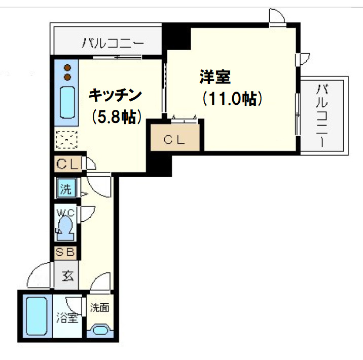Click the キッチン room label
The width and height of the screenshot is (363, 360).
click(x=115, y=95)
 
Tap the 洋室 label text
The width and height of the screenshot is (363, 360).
click(x=215, y=78)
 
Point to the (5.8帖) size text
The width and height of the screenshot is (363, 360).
click(x=115, y=117)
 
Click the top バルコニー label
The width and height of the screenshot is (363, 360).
click(x=113, y=43)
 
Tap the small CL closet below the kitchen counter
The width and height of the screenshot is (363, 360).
click(x=67, y=164)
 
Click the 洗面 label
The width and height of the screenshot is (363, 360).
click(x=99, y=307)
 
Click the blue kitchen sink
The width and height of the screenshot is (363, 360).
click(x=66, y=103)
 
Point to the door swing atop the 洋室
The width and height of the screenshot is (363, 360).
click(x=277, y=18)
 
